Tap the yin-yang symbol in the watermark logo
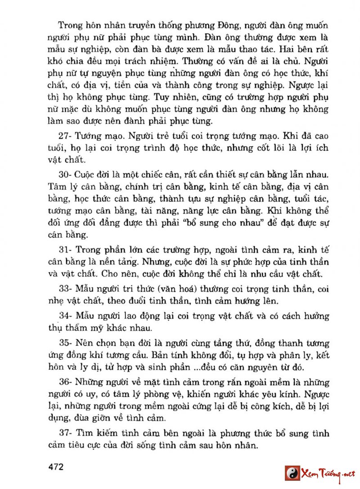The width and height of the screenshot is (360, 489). pyautogui.click(x=292, y=474)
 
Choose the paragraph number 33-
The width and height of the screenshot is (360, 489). pyautogui.click(x=66, y=288)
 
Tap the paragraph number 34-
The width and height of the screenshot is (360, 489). pyautogui.click(x=66, y=316)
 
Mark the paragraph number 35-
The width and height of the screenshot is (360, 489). pyautogui.click(x=66, y=344)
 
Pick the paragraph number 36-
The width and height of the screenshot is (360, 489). pyautogui.click(x=66, y=383)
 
